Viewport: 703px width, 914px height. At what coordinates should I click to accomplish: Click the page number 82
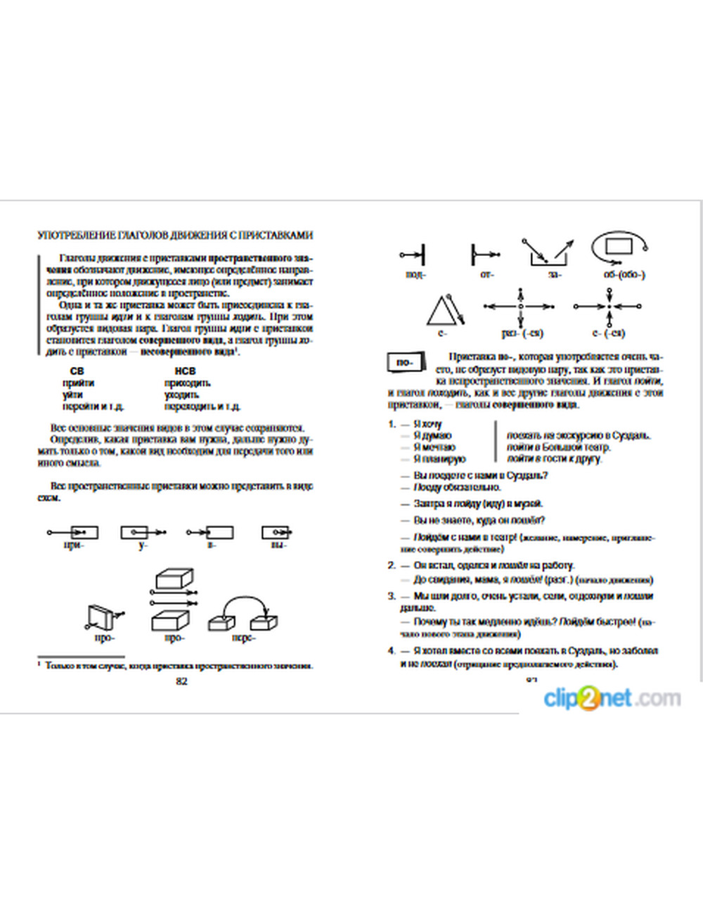pyautogui.click(x=181, y=681)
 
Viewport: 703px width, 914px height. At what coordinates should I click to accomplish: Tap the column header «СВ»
pyautogui.click(x=77, y=371)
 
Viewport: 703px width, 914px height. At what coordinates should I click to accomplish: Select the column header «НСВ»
pyautogui.click(x=185, y=371)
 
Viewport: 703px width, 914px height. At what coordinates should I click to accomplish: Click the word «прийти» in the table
pyautogui.click(x=78, y=382)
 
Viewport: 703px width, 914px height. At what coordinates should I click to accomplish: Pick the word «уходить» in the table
pyautogui.click(x=181, y=394)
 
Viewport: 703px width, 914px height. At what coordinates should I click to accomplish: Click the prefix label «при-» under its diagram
pyautogui.click(x=73, y=545)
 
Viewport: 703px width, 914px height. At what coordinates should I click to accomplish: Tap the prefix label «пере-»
pyautogui.click(x=243, y=638)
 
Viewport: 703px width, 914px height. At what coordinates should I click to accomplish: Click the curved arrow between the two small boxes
pyautogui.click(x=244, y=602)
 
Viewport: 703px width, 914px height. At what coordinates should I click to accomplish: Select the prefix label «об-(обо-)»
pyautogui.click(x=624, y=275)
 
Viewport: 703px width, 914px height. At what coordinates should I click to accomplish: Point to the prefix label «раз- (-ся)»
pyautogui.click(x=522, y=333)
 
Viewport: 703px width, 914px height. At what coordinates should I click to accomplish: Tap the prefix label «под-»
pyautogui.click(x=415, y=275)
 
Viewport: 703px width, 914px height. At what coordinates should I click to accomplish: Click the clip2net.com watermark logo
pyautogui.click(x=612, y=698)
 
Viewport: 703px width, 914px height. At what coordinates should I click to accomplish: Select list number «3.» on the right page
pyautogui.click(x=392, y=596)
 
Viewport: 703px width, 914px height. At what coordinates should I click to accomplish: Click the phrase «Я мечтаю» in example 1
pyautogui.click(x=434, y=447)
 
